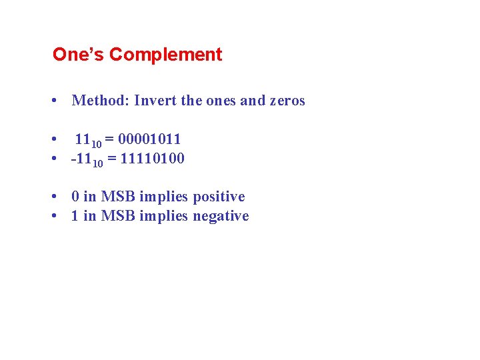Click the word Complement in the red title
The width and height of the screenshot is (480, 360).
(165, 55)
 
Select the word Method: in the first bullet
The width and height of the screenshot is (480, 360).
(101, 101)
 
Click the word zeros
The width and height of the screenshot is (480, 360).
(287, 101)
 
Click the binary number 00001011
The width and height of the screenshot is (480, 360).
(149, 139)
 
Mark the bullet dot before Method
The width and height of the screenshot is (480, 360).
(52, 101)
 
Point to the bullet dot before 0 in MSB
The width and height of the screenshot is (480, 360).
(52, 197)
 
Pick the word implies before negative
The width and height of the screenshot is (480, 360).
(164, 216)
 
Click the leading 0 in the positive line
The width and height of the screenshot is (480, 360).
(75, 197)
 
